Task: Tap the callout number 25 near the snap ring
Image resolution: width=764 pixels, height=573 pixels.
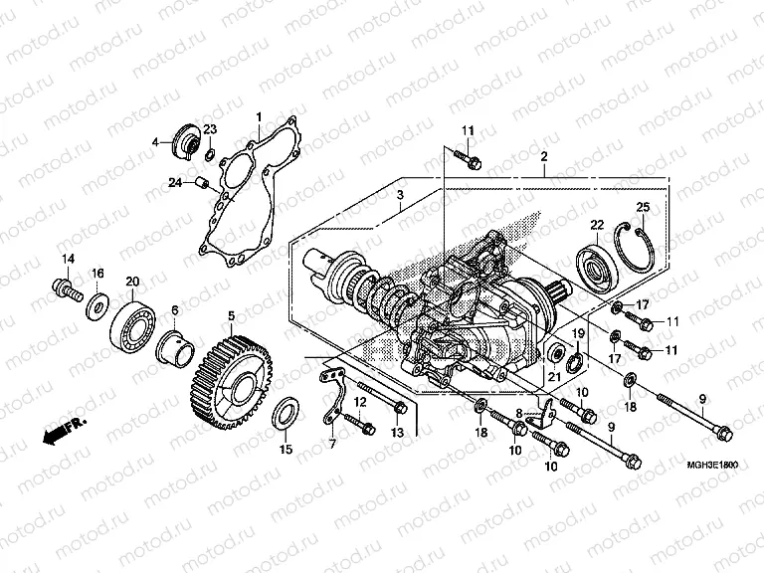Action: click(x=643, y=206)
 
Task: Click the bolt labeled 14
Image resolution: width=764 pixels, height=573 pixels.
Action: click(x=66, y=288)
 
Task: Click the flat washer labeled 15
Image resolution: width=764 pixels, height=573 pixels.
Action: click(x=286, y=413)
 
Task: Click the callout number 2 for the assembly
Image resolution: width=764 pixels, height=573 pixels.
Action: click(x=544, y=157)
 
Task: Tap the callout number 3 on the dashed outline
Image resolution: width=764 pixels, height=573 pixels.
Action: click(x=398, y=195)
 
